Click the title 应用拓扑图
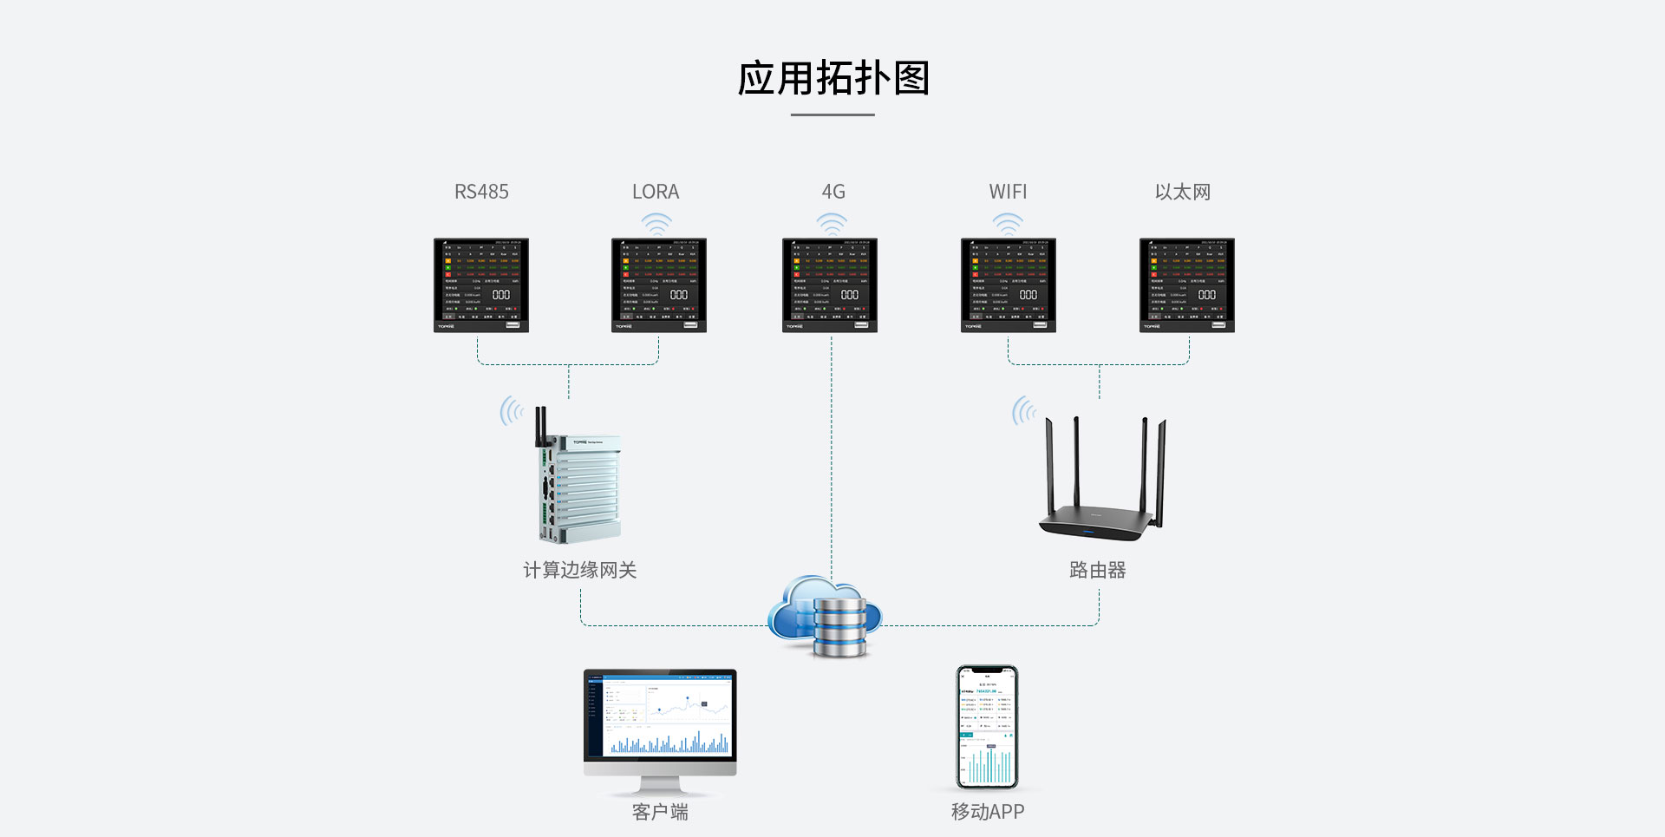click(x=832, y=78)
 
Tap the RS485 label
click(x=481, y=192)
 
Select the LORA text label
click(x=656, y=192)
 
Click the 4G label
click(x=832, y=192)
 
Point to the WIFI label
click(x=1008, y=192)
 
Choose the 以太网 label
click(x=1183, y=192)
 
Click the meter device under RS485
click(x=481, y=285)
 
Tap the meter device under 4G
click(x=830, y=285)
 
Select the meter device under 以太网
click(x=1186, y=285)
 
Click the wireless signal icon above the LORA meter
click(x=656, y=224)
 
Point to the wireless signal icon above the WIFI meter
click(x=1008, y=224)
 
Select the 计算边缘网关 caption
click(x=579, y=570)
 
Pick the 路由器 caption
click(x=1097, y=570)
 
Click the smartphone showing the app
click(x=987, y=727)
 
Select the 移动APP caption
click(x=987, y=812)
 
